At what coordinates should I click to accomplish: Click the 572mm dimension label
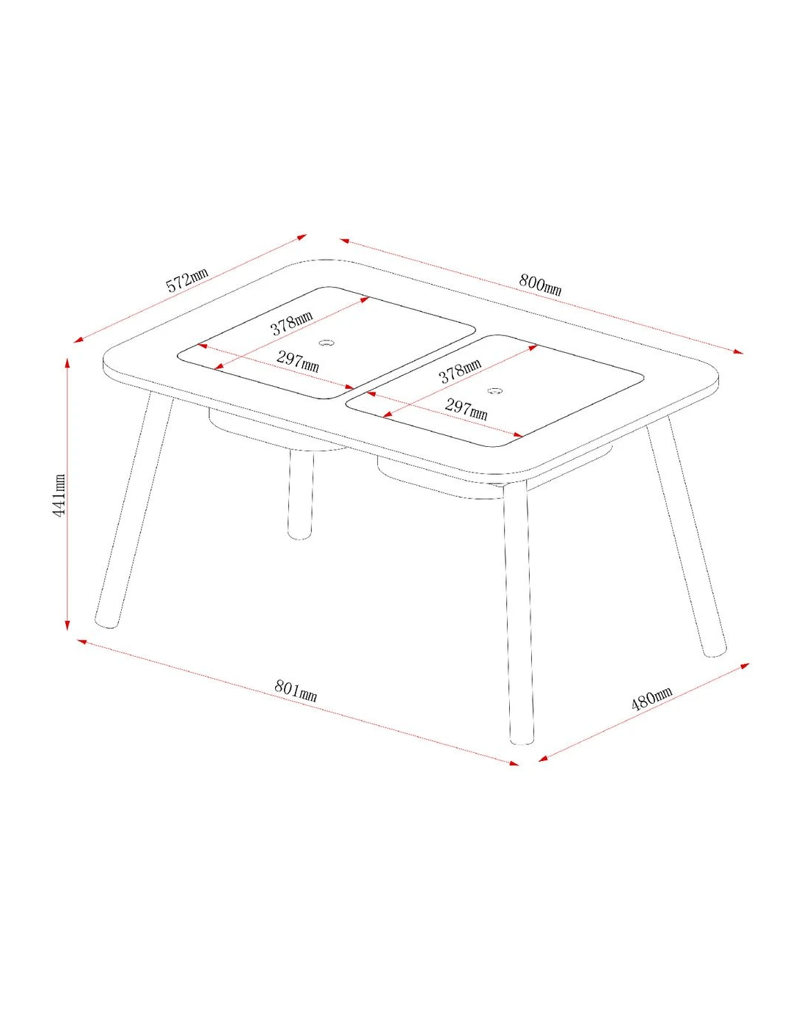(188, 280)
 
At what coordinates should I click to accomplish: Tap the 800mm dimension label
(540, 285)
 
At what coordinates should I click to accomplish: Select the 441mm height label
(59, 495)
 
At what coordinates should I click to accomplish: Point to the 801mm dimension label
(296, 691)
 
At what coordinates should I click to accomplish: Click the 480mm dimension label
(651, 699)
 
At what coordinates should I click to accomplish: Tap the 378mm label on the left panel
(292, 323)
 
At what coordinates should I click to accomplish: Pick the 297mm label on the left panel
(297, 362)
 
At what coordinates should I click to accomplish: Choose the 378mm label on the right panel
(459, 371)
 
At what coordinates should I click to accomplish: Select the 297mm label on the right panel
(466, 409)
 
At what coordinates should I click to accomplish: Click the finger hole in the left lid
(326, 343)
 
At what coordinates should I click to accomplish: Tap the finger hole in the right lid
(494, 390)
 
